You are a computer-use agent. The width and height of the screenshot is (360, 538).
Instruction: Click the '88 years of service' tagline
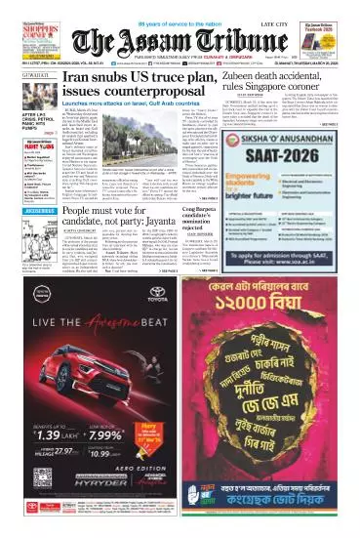[x=180, y=10]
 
